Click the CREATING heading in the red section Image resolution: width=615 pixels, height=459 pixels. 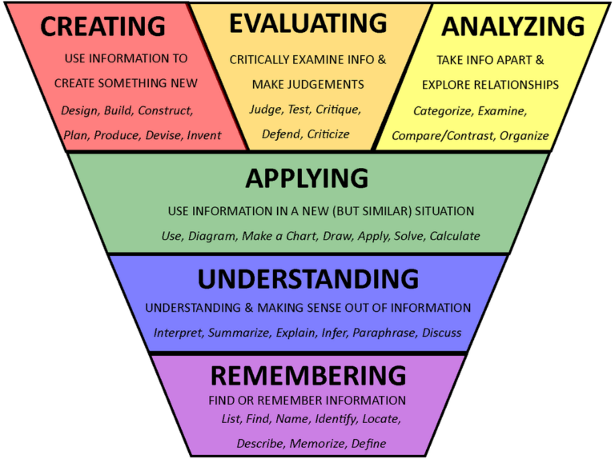point(102,26)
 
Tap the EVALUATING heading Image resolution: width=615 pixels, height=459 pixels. point(308,23)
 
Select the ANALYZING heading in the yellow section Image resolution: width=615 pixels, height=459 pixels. point(512,26)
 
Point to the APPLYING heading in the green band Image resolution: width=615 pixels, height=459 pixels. point(307,178)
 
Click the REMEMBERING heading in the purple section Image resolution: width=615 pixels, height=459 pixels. point(308,375)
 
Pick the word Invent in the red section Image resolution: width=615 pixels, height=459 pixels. point(204,135)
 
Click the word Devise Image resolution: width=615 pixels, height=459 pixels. point(163,135)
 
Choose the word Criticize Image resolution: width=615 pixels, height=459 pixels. point(328,134)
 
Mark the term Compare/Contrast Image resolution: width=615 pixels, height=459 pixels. point(442,136)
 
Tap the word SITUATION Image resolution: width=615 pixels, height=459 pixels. point(440,211)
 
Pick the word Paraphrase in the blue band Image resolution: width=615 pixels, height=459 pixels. point(384,332)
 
